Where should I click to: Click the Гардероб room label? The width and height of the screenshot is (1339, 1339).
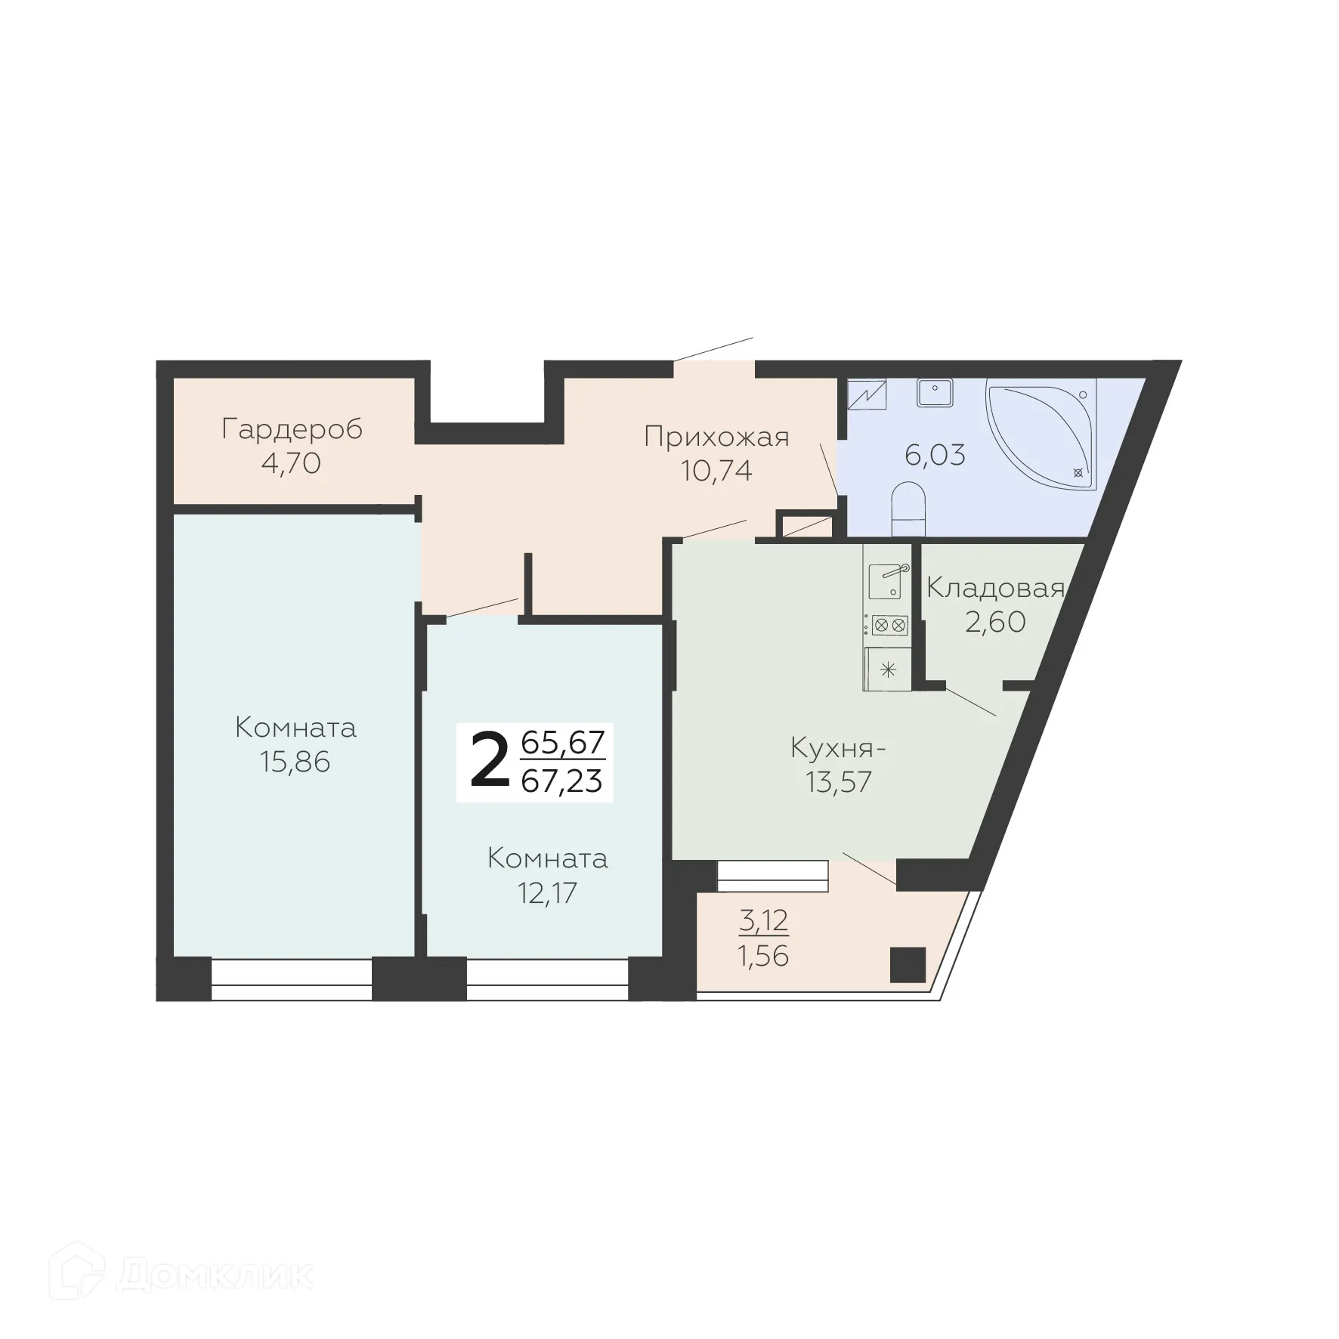tap(292, 429)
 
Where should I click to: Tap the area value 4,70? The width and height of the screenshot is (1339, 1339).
tap(291, 463)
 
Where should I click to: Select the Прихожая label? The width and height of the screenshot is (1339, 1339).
tap(716, 437)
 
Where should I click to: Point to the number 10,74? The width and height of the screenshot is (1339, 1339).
tap(716, 471)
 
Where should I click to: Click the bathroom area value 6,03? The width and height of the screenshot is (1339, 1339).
tap(935, 456)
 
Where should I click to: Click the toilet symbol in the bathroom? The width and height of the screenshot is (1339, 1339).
tap(908, 509)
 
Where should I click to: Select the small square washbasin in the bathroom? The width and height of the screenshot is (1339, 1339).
tap(934, 391)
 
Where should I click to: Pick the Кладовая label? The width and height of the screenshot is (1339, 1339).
tap(995, 588)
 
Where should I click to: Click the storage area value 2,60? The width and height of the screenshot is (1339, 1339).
tap(995, 622)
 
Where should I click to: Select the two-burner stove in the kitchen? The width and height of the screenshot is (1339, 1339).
tap(889, 625)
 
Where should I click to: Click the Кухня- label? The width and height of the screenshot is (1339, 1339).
tap(837, 748)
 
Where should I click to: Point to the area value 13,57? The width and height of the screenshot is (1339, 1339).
tap(839, 782)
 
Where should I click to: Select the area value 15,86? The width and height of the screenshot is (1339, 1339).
tap(295, 762)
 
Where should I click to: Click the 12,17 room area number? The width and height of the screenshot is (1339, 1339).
tap(547, 892)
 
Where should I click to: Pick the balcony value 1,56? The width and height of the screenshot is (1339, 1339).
tap(763, 956)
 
